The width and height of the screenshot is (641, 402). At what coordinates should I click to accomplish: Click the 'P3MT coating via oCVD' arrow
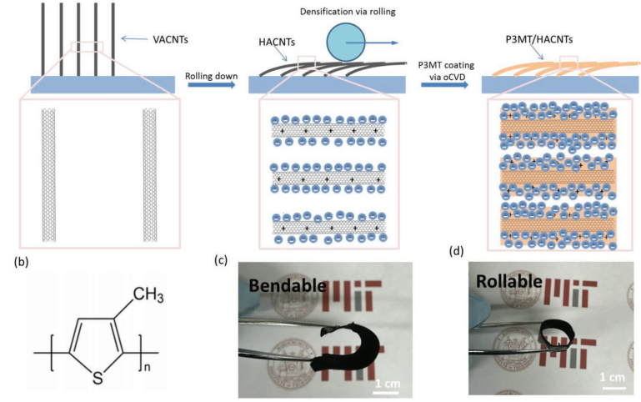pyautogui.click(x=445, y=83)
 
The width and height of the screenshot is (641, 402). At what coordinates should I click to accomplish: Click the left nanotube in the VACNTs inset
pyautogui.click(x=49, y=171)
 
